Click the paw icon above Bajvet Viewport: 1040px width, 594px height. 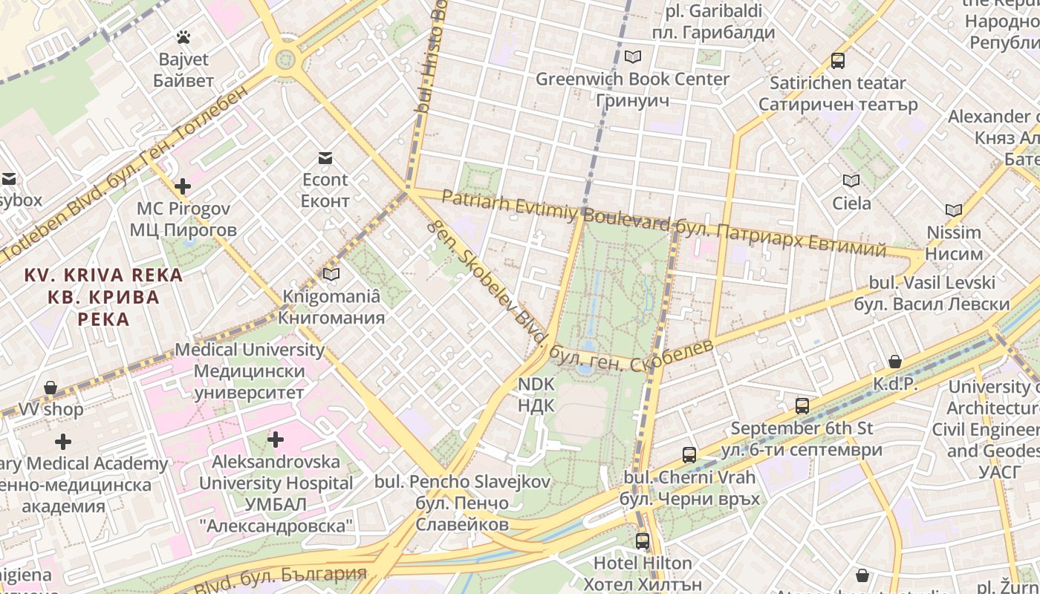183,36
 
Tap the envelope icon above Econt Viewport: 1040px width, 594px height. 325,157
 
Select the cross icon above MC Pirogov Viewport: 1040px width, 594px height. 183,186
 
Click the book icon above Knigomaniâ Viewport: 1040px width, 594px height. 331,274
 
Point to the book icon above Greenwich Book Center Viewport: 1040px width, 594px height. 632,56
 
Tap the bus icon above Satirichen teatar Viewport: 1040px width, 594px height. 838,61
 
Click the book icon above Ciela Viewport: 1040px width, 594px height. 851,180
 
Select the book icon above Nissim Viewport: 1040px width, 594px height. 954,210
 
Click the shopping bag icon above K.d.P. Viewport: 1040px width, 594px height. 895,362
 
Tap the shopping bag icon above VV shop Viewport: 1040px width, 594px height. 51,387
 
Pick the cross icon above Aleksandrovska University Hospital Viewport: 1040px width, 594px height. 276,440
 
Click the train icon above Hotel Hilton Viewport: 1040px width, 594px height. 643,541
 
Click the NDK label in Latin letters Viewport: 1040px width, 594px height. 536,384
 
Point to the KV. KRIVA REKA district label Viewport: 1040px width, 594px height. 103,275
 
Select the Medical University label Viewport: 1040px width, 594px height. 250,350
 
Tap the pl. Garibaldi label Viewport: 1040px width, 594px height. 713,11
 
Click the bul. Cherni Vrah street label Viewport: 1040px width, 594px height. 689,477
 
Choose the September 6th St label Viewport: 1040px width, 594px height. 802,428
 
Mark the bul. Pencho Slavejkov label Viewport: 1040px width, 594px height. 462,481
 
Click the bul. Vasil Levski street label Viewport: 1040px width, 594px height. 932,283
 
